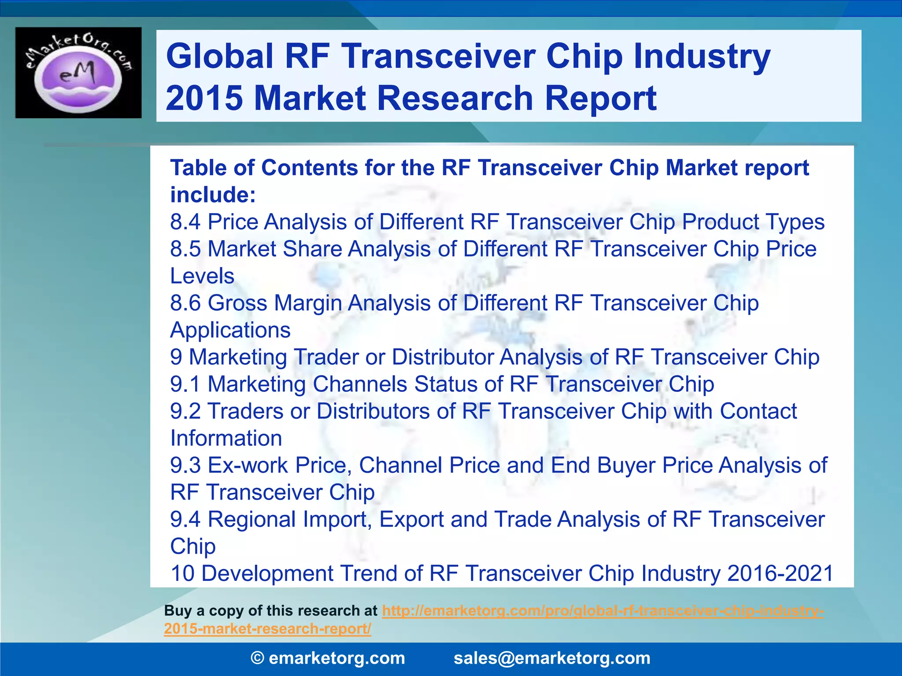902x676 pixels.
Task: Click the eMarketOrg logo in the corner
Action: pyautogui.click(x=78, y=73)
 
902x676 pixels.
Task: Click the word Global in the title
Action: pyautogui.click(x=220, y=56)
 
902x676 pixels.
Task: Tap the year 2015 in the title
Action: pyautogui.click(x=204, y=98)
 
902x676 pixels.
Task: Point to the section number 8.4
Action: pyautogui.click(x=185, y=222)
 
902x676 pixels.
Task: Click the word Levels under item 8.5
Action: pyautogui.click(x=202, y=276)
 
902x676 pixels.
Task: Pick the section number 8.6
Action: pyautogui.click(x=185, y=303)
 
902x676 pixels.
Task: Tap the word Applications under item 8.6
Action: pyautogui.click(x=230, y=330)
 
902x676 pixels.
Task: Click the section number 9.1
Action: pyautogui.click(x=185, y=384)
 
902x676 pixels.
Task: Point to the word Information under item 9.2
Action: pyautogui.click(x=226, y=438)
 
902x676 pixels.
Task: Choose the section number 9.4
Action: pyautogui.click(x=185, y=519)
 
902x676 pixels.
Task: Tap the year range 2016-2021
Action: pyautogui.click(x=780, y=573)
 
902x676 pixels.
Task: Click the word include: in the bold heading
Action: pyautogui.click(x=213, y=195)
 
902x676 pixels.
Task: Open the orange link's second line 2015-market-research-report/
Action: pyautogui.click(x=267, y=628)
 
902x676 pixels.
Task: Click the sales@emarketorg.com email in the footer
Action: pyautogui.click(x=552, y=658)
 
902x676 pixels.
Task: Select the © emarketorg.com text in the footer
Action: pyautogui.click(x=328, y=658)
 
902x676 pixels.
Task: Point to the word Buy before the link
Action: pyautogui.click(x=178, y=611)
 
